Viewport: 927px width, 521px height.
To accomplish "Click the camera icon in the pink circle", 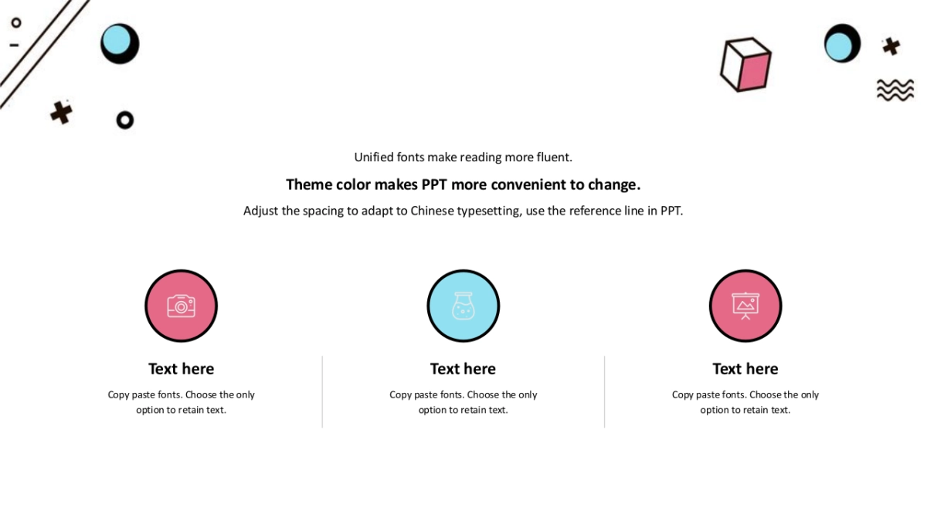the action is (181, 306).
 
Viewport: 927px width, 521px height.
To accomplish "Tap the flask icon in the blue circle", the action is (463, 306).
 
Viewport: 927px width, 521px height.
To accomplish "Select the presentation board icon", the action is (745, 306).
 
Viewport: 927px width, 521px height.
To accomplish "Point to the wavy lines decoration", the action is (895, 90).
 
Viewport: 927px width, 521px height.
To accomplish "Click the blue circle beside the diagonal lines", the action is (116, 39).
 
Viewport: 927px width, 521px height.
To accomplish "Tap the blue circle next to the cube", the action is (838, 46).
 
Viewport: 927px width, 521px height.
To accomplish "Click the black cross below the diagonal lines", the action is (61, 113).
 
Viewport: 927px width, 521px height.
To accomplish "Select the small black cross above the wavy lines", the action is (891, 46).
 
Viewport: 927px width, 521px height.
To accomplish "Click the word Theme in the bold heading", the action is (309, 184).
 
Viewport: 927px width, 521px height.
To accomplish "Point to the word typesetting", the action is (490, 211).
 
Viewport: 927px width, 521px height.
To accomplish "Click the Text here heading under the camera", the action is (182, 369).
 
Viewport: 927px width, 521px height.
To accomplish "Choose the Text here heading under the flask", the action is (463, 369).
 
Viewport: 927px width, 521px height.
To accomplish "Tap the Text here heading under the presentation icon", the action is (745, 369).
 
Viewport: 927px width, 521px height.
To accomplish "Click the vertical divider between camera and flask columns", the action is (322, 391).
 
